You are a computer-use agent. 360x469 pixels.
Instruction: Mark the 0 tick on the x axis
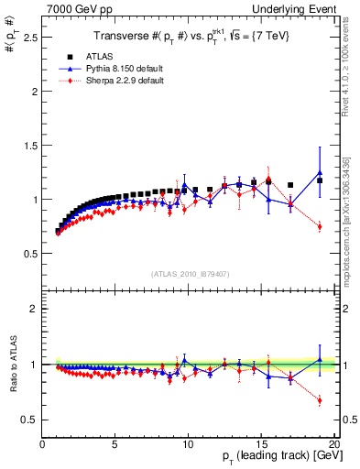pos(42,444)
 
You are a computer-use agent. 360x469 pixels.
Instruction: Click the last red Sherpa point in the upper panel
pos(320,226)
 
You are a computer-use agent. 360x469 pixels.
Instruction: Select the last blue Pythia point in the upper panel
pos(320,172)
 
